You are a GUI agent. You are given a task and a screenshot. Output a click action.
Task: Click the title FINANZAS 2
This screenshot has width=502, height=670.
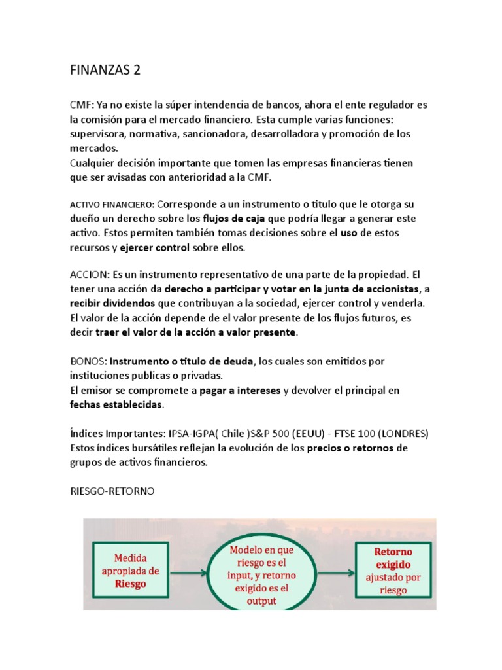pyautogui.click(x=105, y=71)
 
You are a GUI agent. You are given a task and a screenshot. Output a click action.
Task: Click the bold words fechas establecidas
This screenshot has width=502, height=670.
pyautogui.click(x=116, y=404)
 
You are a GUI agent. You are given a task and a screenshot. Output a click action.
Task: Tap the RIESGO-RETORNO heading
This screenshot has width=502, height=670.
pyautogui.click(x=112, y=491)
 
